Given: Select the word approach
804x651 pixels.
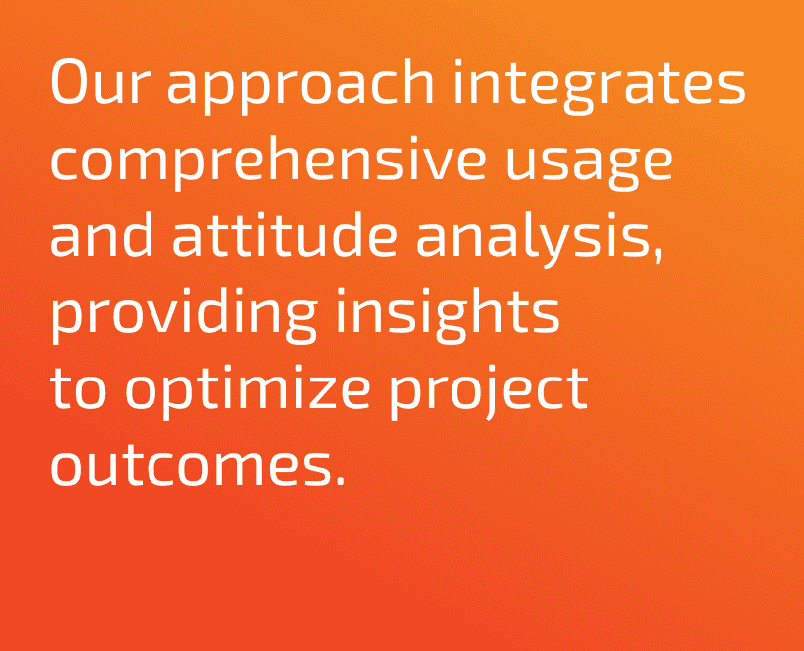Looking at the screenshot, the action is tap(300, 85).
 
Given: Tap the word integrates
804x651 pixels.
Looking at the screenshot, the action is tap(599, 85).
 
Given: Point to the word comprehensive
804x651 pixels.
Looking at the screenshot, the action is tap(268, 163).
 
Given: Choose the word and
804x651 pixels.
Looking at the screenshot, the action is tap(102, 234).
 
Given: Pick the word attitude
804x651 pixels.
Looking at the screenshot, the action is tap(284, 234).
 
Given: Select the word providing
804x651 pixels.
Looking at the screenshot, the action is tap(183, 315).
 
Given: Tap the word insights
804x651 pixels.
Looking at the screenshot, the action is tap(448, 315).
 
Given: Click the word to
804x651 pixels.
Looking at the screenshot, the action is tap(78, 387).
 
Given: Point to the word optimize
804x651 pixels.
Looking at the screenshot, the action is tap(248, 392).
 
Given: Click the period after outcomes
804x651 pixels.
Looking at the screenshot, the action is tap(339, 480).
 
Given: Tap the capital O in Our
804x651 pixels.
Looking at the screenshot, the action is tap(68, 82).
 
